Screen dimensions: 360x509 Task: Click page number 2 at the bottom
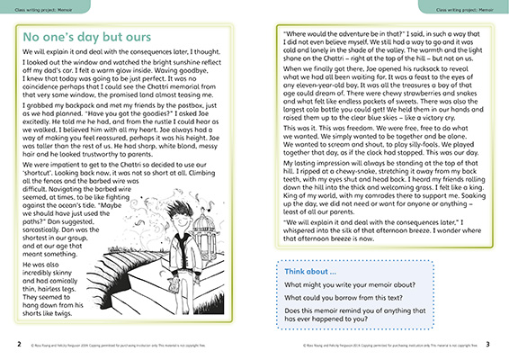[7, 344]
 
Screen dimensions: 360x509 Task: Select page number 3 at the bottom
[500, 344]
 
